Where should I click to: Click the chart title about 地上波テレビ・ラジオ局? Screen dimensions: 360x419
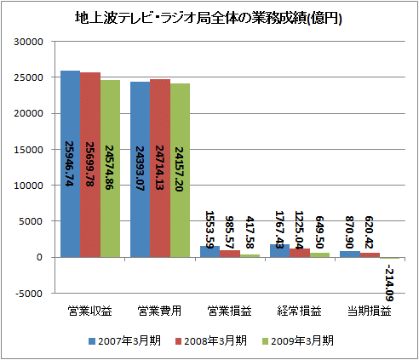[209, 18]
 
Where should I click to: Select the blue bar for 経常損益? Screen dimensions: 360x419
[278, 251]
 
